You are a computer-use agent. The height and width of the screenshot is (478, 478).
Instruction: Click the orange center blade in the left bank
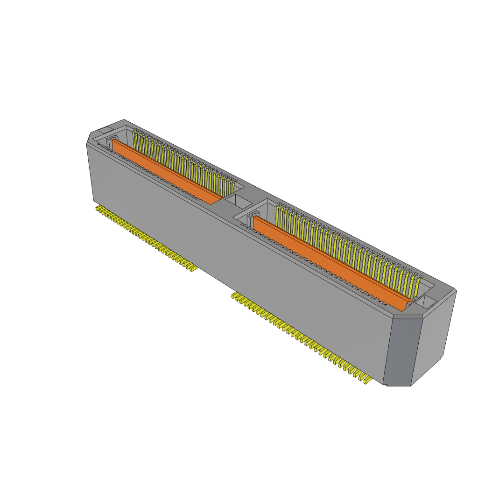166,171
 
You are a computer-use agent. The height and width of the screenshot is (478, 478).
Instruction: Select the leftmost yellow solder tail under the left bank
98,208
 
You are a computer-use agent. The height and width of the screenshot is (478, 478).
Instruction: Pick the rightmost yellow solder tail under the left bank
192,268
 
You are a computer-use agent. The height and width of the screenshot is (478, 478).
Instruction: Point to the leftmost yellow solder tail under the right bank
235,295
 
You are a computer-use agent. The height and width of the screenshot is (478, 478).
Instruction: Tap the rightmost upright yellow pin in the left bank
233,189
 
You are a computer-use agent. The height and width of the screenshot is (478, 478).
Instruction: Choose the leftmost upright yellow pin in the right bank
279,214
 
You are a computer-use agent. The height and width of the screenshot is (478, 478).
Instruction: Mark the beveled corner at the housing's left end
89,138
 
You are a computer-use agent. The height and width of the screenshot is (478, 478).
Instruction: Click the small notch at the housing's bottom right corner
385,384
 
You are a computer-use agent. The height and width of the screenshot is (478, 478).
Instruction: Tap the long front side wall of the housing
233,261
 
